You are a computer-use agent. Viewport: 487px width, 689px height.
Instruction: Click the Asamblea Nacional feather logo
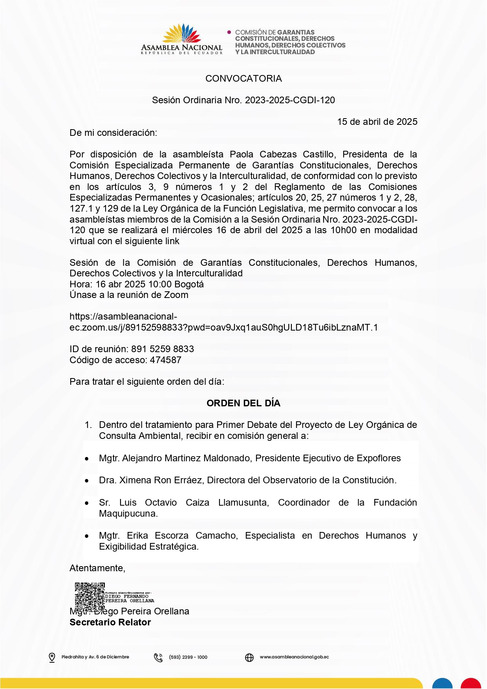(x=182, y=34)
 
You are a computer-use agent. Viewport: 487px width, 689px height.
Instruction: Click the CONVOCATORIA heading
(x=243, y=79)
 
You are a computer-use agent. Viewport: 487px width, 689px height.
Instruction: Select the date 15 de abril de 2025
(x=377, y=122)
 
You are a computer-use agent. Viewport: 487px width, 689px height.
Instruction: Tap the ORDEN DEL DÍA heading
(x=243, y=403)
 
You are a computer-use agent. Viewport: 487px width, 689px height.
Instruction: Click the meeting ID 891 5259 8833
(x=163, y=349)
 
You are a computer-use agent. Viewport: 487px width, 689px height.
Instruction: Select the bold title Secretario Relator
(x=110, y=622)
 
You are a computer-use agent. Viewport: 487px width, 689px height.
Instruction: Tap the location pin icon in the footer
(x=52, y=657)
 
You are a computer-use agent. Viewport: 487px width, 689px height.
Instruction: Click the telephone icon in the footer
(x=158, y=657)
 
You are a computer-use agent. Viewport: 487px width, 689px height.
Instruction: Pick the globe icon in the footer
(x=249, y=657)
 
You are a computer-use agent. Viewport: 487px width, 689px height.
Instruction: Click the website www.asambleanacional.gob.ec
(x=294, y=657)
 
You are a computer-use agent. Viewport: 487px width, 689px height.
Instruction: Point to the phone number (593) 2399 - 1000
(x=188, y=657)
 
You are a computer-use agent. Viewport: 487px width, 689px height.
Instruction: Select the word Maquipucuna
(x=128, y=514)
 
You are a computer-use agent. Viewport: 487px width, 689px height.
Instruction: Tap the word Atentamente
(x=97, y=568)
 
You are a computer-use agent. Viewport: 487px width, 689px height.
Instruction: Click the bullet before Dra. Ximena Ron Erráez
(x=87, y=481)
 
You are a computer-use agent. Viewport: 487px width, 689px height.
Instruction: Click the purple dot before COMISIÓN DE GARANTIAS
(x=229, y=32)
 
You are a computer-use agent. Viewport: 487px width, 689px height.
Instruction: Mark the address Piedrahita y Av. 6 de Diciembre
(x=95, y=657)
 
